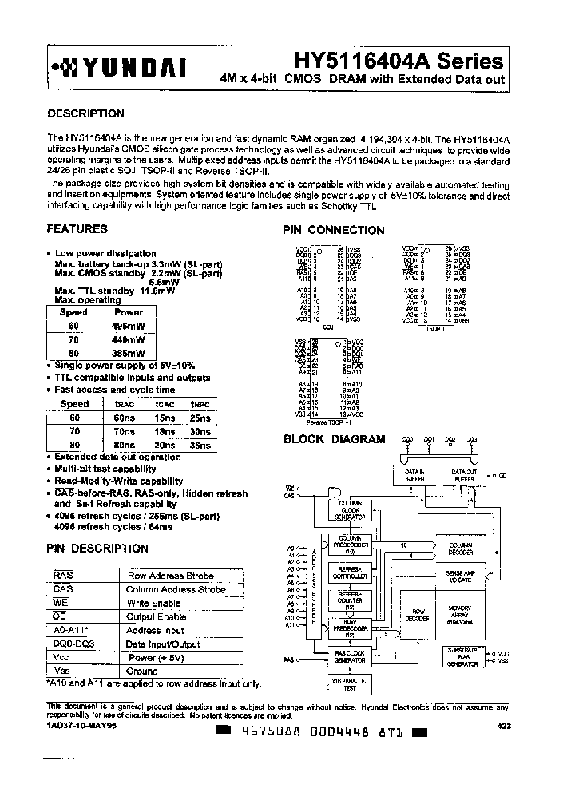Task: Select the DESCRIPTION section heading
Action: click(x=86, y=114)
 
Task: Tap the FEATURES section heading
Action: click(x=77, y=229)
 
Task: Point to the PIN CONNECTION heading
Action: click(x=334, y=230)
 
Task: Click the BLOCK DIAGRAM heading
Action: click(x=335, y=439)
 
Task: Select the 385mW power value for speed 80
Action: click(x=129, y=352)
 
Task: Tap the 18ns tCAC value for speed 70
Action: click(x=165, y=431)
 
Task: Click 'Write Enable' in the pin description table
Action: click(x=153, y=603)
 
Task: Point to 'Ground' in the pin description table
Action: click(x=141, y=671)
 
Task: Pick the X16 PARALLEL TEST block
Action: click(x=349, y=684)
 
